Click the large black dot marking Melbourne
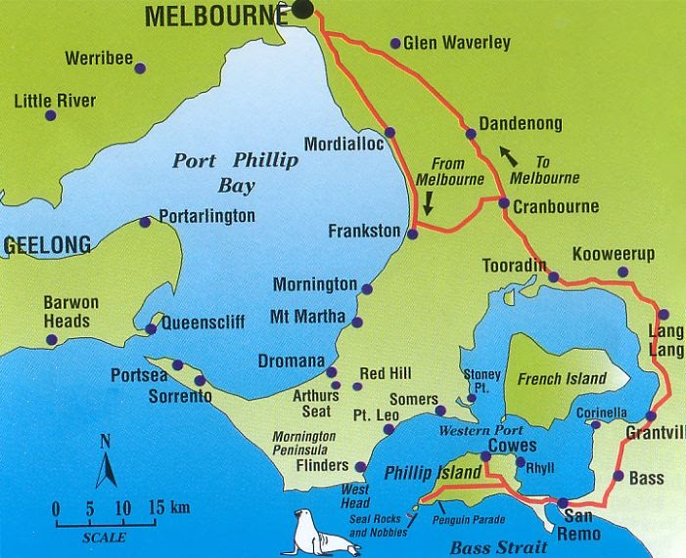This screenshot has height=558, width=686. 303,10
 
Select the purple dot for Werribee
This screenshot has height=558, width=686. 140,68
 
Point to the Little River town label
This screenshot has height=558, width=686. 55,101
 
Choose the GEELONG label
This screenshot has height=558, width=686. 46,245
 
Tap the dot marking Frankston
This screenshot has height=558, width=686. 412,234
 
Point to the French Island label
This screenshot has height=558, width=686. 562,379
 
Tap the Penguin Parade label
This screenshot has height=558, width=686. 474,507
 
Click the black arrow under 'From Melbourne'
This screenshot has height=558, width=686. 429,202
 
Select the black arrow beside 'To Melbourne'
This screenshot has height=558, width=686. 509,154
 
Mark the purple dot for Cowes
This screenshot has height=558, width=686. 485,456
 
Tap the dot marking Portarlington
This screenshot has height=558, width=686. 145,222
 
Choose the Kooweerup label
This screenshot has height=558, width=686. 613,254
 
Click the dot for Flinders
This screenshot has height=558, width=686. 361,467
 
